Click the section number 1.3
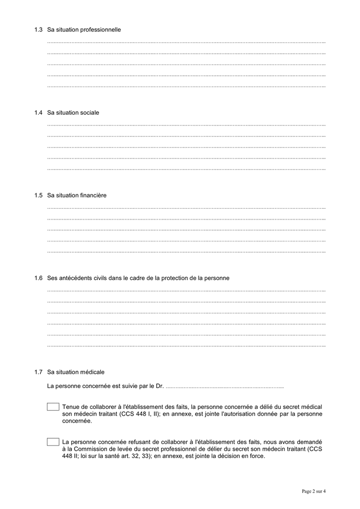[38, 29]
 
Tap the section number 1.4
[38, 113]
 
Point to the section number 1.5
[38, 196]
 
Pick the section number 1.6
[38, 278]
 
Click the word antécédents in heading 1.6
[75, 278]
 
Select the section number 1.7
[38, 372]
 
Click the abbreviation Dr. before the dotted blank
[160, 387]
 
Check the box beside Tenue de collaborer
[53, 407]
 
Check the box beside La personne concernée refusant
[53, 442]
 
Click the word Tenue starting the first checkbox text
[71, 407]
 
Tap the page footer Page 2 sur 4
[313, 491]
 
